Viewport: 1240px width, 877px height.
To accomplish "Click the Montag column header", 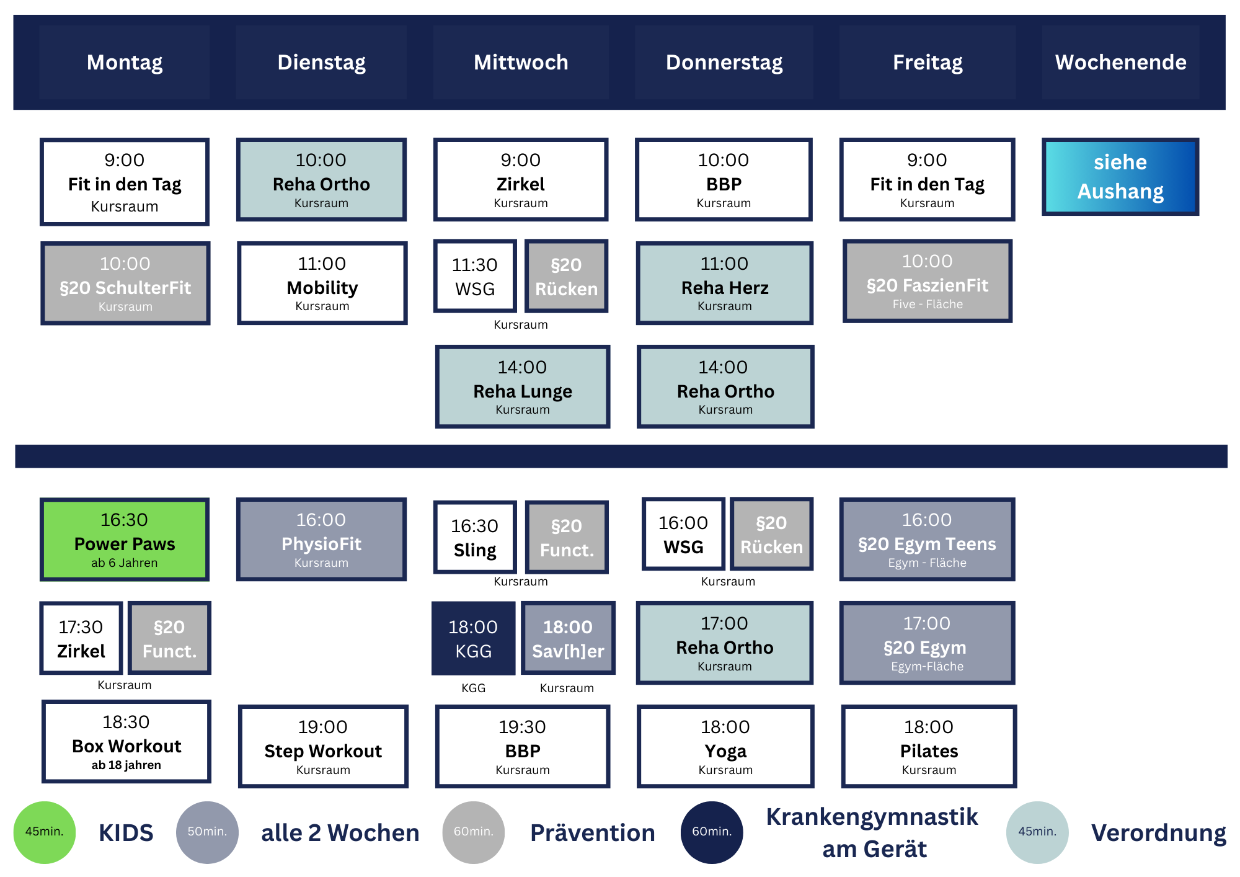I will coord(125,63).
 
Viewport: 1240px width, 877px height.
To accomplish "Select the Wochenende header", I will coord(1120,63).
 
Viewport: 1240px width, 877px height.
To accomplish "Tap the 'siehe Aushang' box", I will coord(1120,177).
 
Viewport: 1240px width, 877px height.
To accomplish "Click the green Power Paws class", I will coord(125,540).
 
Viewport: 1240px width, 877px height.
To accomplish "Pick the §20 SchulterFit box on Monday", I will coord(125,283).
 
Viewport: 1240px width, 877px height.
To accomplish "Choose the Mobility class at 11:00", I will coord(322,283).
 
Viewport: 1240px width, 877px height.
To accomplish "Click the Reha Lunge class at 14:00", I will coord(523,387).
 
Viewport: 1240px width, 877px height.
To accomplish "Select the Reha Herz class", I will coord(725,283).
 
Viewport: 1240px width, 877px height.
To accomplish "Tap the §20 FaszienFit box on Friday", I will coord(928,281).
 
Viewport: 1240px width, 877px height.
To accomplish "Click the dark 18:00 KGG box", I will coord(474,638).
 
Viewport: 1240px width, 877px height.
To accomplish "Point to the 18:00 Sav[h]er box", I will coord(568,638).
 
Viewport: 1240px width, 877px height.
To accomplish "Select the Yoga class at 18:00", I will coord(725,746).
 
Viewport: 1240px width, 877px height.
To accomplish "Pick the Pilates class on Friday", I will coord(929,746).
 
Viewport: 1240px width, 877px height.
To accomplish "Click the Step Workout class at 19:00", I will coord(323,746).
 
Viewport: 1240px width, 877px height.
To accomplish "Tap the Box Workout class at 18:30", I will coord(126,742).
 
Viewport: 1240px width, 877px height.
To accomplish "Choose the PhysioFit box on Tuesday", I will coord(321,540).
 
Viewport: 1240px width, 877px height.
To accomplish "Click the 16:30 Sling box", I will coord(475,538).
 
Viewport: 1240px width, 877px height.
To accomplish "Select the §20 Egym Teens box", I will coord(927,540).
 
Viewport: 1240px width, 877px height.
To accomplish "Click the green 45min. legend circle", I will coord(45,832).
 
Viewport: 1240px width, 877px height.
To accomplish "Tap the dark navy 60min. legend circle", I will coord(712,832).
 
